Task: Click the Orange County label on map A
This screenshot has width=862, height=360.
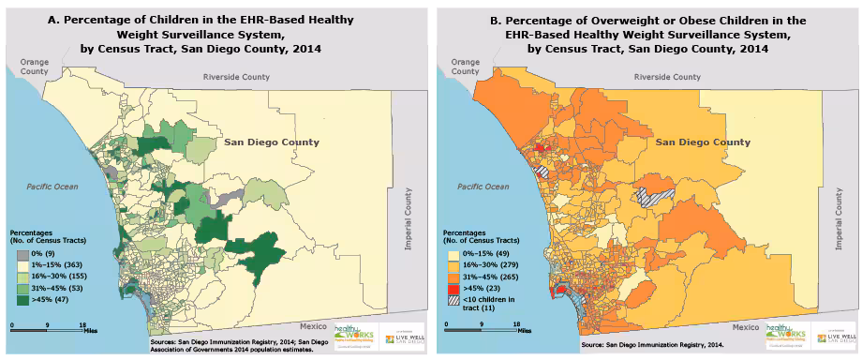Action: (27, 68)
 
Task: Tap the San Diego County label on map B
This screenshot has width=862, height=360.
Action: (703, 142)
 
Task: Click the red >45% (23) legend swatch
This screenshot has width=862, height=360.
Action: (452, 288)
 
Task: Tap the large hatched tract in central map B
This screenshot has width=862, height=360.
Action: (652, 195)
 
